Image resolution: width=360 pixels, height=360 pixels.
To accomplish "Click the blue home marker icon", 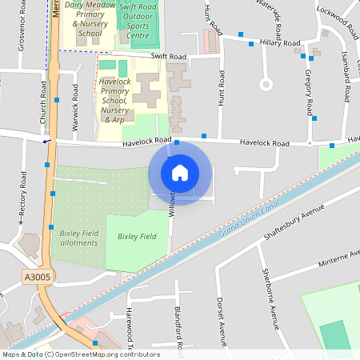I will coord(180,172).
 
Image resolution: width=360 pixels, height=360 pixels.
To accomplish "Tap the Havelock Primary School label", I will coord(115,100).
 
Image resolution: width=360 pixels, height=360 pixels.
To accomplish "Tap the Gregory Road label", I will coord(308,90).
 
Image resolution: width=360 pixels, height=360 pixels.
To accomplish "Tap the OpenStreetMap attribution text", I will coord(80,354).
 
